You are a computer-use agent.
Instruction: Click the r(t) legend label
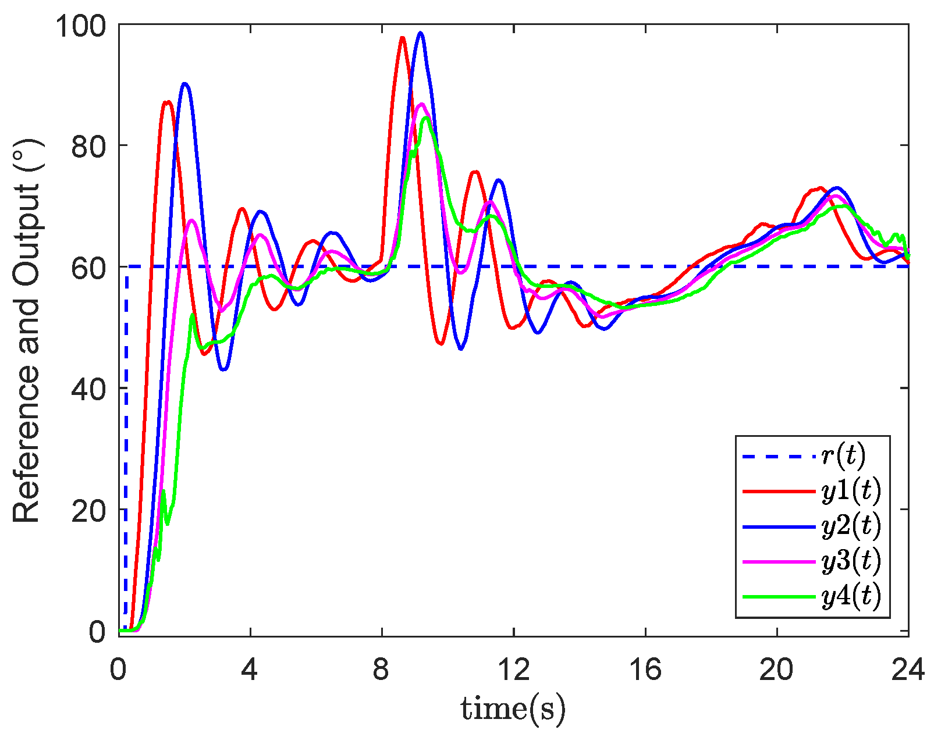[843, 456]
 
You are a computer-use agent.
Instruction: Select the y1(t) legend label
[851, 491]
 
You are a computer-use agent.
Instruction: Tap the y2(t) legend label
[851, 526]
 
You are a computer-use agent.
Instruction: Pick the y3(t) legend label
[851, 561]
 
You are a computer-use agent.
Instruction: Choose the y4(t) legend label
[851, 596]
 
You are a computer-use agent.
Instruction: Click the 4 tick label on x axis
[250, 670]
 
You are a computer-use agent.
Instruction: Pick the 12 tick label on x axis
[514, 670]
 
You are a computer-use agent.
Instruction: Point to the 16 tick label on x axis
[645, 670]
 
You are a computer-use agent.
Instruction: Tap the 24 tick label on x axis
[908, 670]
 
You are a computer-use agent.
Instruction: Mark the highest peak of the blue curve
[420, 33]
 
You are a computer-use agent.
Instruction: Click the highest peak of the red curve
[402, 38]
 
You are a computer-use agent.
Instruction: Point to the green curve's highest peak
[427, 118]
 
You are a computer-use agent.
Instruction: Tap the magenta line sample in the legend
[779, 561]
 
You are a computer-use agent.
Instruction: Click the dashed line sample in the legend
[779, 457]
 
